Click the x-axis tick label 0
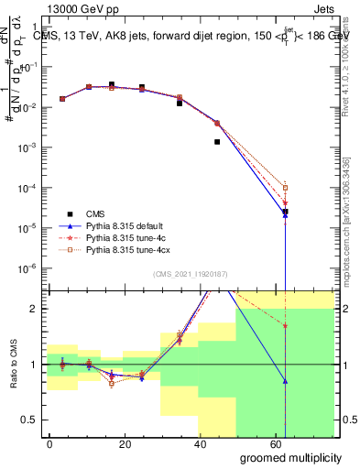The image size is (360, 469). click(49, 442)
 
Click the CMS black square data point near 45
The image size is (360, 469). click(217, 142)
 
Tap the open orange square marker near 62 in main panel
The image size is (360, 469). click(286, 188)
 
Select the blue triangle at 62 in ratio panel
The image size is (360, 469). click(286, 381)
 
